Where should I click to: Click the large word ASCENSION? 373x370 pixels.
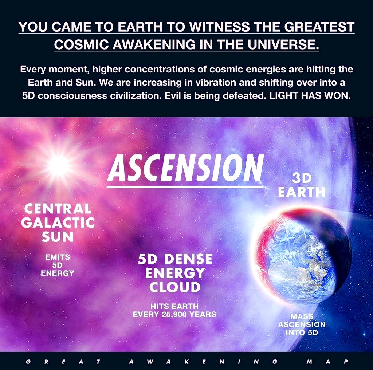tap(185, 168)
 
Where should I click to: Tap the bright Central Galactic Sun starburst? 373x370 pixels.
tap(58, 165)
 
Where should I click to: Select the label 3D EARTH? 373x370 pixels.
tap(302, 185)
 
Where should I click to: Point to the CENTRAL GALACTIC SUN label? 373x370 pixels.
tap(58, 223)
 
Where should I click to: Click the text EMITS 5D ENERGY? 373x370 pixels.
tap(58, 265)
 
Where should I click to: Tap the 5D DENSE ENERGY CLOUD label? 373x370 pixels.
tap(175, 273)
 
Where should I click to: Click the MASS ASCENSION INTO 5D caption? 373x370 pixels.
tap(302, 324)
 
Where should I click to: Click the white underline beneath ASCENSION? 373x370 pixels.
tap(185, 188)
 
